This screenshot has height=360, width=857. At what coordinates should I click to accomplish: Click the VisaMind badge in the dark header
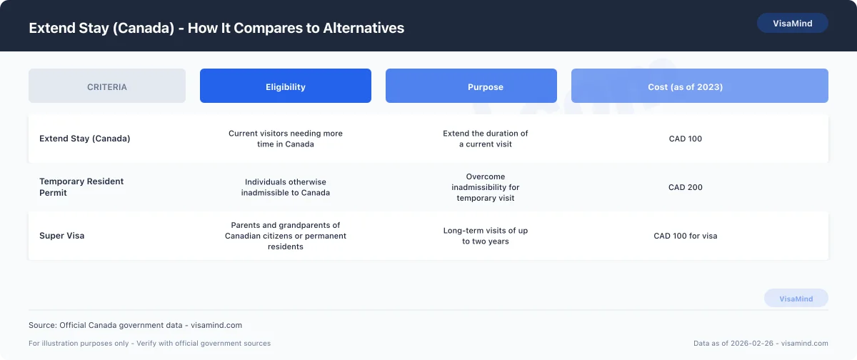pyautogui.click(x=792, y=23)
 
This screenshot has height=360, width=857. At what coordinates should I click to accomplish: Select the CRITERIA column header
pyautogui.click(x=107, y=86)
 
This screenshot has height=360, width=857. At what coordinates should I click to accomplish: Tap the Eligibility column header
pyautogui.click(x=286, y=86)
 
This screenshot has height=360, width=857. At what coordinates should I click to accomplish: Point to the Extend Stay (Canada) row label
pyautogui.click(x=85, y=139)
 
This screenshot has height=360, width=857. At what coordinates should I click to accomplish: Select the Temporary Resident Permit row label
pyautogui.click(x=81, y=187)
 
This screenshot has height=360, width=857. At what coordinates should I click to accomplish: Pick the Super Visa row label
pyautogui.click(x=62, y=236)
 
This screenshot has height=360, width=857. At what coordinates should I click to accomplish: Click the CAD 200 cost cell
pyautogui.click(x=686, y=187)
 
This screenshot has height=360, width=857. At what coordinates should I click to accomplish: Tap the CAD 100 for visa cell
pyautogui.click(x=686, y=236)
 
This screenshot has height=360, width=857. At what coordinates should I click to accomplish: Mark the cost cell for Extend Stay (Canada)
pyautogui.click(x=686, y=139)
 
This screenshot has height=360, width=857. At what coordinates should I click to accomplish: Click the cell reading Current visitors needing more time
pyautogui.click(x=286, y=139)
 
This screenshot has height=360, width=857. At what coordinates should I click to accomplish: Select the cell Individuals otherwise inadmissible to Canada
pyautogui.click(x=286, y=187)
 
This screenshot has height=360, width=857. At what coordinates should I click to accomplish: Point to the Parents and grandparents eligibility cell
pyautogui.click(x=286, y=236)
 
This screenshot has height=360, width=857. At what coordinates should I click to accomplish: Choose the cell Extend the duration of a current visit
pyautogui.click(x=486, y=139)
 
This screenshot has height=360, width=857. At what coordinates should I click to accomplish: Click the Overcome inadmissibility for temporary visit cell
pyautogui.click(x=486, y=187)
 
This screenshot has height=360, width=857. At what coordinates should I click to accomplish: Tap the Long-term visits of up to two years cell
pyautogui.click(x=486, y=236)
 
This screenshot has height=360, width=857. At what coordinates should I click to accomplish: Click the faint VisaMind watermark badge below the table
pyautogui.click(x=796, y=299)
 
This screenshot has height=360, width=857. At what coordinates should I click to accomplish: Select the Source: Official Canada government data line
pyautogui.click(x=135, y=325)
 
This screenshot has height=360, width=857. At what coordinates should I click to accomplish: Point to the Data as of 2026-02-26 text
pyautogui.click(x=761, y=344)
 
